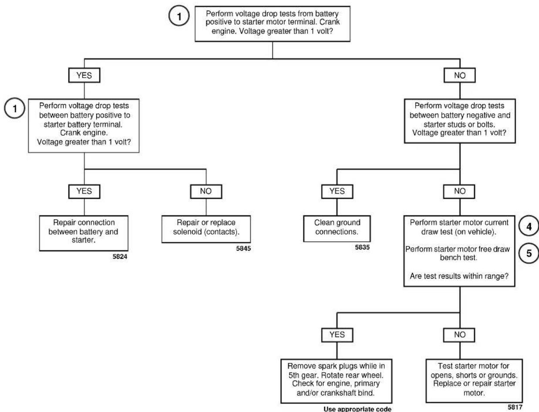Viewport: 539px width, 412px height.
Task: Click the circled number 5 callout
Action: [529, 253]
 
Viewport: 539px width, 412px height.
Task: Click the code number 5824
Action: [120, 257]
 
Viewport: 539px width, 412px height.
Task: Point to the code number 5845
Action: [243, 249]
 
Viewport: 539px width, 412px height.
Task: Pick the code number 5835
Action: [362, 247]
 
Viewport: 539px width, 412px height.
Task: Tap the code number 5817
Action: [515, 407]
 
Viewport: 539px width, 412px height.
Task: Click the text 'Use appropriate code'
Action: [357, 409]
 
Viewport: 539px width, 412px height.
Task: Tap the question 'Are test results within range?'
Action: [459, 276]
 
